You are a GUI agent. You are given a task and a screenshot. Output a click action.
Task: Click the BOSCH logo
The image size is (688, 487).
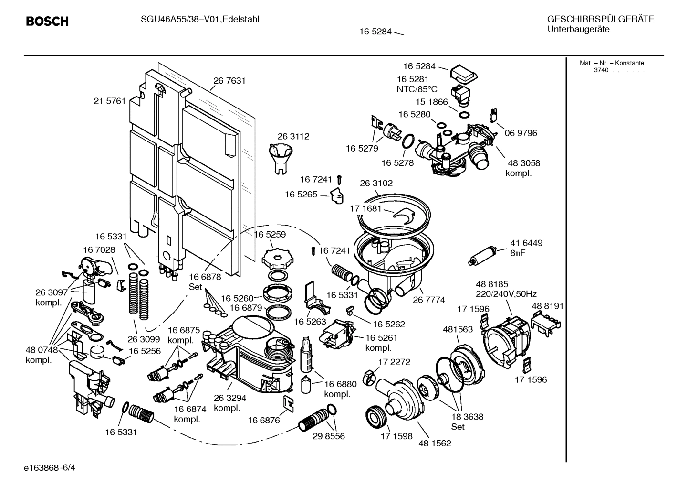point(47,22)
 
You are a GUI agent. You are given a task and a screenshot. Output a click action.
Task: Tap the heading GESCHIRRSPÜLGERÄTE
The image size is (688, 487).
point(600,19)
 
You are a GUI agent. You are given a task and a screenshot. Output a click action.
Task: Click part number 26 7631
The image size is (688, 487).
point(229,81)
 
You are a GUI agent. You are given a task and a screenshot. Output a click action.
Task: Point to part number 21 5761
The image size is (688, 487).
point(109,101)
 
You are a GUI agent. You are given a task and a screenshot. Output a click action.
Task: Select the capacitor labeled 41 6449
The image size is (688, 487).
point(482,255)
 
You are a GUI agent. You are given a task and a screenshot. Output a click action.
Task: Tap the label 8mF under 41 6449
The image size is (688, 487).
point(517,253)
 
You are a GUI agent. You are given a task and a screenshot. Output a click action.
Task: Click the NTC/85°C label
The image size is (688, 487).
point(417,89)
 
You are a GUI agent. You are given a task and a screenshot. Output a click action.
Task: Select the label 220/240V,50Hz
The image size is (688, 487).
point(506,294)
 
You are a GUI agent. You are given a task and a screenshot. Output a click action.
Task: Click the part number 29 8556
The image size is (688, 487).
point(328,436)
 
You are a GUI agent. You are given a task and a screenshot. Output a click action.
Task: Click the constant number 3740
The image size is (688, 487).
point(601,70)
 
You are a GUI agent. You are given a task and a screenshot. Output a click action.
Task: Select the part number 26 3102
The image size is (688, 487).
point(376,183)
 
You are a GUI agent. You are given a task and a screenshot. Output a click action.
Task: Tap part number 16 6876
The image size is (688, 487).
point(263,420)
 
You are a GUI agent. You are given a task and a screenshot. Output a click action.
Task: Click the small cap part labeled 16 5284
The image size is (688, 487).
point(464,73)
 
